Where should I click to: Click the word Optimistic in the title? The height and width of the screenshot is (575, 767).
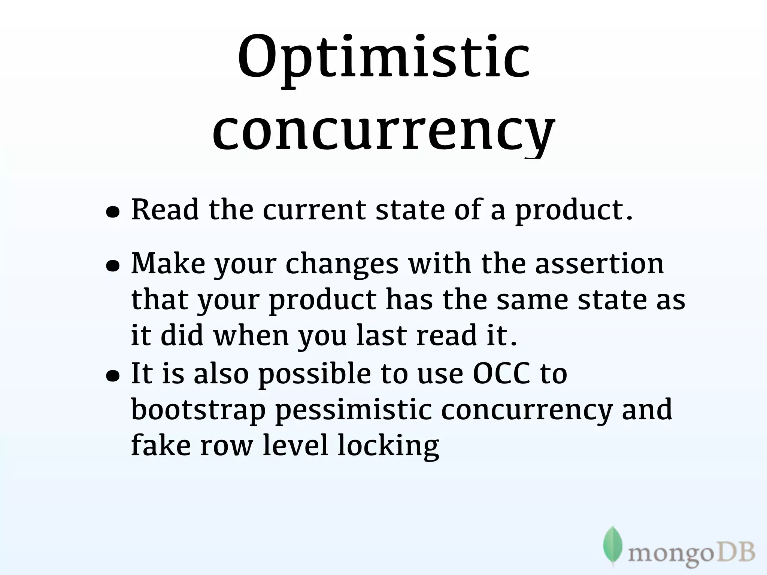pyautogui.click(x=383, y=60)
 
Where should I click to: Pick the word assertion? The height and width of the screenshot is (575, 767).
pyautogui.click(x=599, y=264)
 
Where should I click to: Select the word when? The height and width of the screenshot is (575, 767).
pyautogui.click(x=251, y=335)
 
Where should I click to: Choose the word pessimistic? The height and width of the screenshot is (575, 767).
pyautogui.click(x=354, y=410)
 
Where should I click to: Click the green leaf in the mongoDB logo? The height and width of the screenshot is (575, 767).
pyautogui.click(x=613, y=545)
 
